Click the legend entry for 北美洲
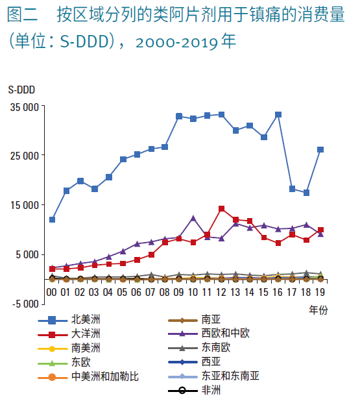click(69, 320)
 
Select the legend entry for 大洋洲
click(69, 334)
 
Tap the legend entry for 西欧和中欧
click(209, 334)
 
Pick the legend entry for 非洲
click(195, 391)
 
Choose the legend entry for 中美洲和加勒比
click(88, 377)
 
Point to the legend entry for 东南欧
click(199, 348)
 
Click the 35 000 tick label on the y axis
click(25, 107)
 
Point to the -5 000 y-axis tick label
click(25, 304)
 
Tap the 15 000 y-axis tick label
click(25, 205)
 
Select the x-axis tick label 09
click(178, 292)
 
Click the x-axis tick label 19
click(320, 292)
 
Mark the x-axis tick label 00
click(51, 292)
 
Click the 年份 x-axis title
click(318, 310)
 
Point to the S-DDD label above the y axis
click(21, 90)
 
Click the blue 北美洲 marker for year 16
click(278, 115)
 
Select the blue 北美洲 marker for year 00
click(52, 219)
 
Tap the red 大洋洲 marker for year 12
click(221, 208)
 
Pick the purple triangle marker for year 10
click(193, 219)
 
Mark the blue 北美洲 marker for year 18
click(306, 193)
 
